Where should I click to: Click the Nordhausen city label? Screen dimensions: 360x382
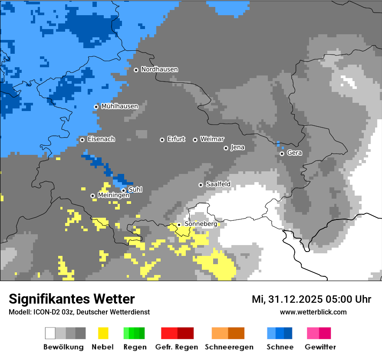(x=159, y=69)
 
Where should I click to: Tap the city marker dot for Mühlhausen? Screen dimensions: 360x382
(x=96, y=107)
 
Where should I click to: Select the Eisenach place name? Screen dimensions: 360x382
(x=101, y=139)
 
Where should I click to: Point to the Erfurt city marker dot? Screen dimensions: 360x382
(x=162, y=140)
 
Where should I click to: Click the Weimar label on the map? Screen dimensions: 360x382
(x=212, y=139)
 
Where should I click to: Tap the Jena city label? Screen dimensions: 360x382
(x=237, y=147)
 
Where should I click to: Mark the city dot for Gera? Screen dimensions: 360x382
(x=282, y=154)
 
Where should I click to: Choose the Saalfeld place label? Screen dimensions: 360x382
(x=218, y=184)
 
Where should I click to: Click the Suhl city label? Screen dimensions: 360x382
(x=135, y=190)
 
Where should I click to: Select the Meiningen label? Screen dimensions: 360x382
(x=113, y=196)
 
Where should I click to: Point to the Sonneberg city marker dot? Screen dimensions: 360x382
(x=179, y=225)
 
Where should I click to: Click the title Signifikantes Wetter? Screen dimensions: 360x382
(x=72, y=299)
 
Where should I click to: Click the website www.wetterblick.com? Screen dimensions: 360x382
(x=313, y=312)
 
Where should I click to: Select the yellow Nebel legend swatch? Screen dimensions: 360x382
(x=103, y=333)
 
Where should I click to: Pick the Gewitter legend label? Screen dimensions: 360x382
(x=320, y=347)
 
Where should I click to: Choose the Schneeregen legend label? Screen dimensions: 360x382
(x=229, y=347)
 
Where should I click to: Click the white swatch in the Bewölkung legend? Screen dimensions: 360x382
(x=50, y=333)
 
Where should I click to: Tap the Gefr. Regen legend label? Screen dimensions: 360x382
(x=177, y=347)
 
